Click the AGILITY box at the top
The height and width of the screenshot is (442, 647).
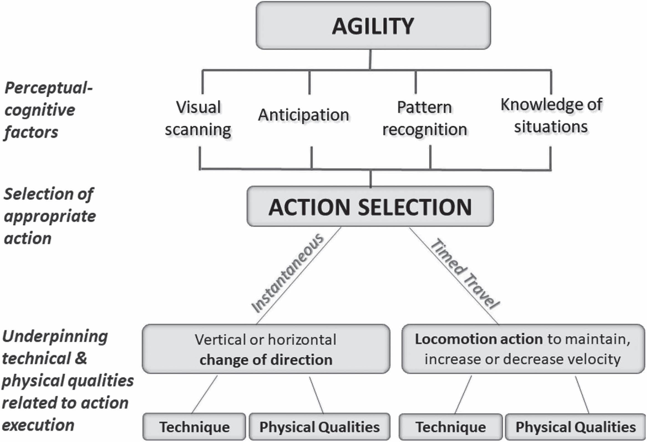[x=373, y=26]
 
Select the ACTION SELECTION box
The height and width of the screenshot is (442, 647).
[x=370, y=206]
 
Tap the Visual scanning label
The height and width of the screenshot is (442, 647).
[x=198, y=118]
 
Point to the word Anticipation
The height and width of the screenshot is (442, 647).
[x=303, y=115]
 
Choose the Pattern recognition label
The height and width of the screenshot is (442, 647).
[x=425, y=118]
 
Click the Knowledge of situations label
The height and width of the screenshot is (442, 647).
[x=551, y=116]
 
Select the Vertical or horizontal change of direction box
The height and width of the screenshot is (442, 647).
[x=266, y=349]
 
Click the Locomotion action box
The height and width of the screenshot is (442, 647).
[x=523, y=349]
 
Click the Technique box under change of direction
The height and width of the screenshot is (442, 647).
[x=194, y=427]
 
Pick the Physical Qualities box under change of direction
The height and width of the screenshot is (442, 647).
[x=319, y=427]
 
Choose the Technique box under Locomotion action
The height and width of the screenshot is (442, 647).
[x=451, y=427]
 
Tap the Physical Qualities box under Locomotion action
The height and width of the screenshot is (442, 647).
[x=575, y=427]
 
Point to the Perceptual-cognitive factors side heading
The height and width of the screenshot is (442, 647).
[x=48, y=110]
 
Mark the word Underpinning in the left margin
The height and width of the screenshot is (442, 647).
[x=55, y=337]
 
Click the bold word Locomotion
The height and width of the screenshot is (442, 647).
[x=455, y=339]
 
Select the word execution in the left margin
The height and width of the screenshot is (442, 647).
[x=38, y=425]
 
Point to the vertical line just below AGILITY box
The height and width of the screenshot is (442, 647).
[x=370, y=59]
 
